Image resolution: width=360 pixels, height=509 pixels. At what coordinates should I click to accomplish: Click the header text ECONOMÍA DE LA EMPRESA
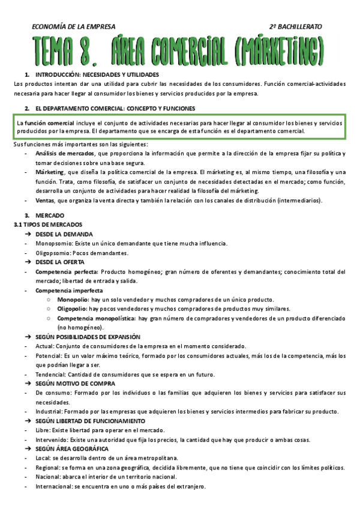coord(73,26)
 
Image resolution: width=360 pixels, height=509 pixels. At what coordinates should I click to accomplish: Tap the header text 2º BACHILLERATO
coord(296,26)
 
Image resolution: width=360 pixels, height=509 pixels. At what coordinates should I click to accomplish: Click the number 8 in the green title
coord(90,47)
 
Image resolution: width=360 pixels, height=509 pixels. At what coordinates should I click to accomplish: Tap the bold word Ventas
coord(46,200)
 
